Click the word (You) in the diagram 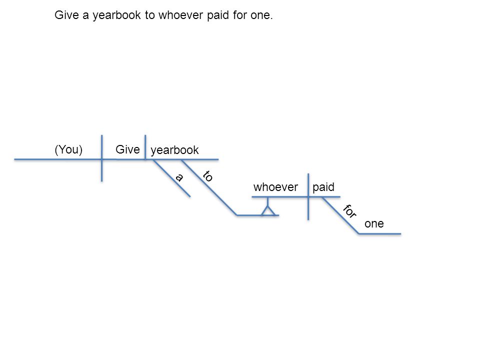point(68,149)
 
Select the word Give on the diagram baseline point(127,149)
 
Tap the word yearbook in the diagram point(174,150)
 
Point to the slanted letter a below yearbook point(179,177)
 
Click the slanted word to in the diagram point(207,176)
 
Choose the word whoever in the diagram point(275,187)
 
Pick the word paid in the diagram point(323,187)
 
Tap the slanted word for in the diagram point(349,211)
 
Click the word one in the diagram point(374,224)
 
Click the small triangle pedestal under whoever point(268,211)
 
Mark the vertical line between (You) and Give point(101,158)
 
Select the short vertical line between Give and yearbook point(145,147)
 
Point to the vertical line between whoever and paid point(308,196)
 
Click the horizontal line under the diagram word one point(379,234)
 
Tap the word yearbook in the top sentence point(117,15)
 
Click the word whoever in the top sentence point(180,15)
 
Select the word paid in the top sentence point(218,15)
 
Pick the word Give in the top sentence point(66,15)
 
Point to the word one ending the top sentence point(260,15)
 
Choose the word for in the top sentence point(239,15)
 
